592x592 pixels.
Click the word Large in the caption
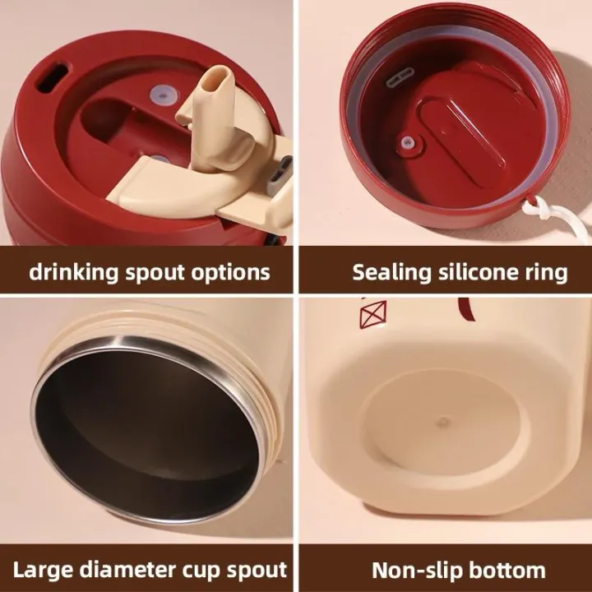(x=44, y=570)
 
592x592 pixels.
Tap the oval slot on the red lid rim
(x=52, y=78)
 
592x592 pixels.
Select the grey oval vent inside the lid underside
(x=400, y=77)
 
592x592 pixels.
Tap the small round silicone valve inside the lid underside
(x=407, y=143)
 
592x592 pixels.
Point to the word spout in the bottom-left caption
(x=257, y=571)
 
